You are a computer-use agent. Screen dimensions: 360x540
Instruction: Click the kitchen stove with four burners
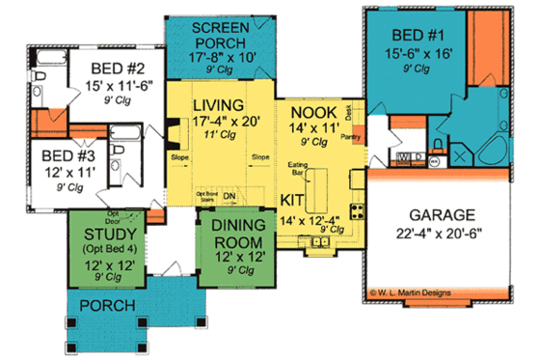[356, 211]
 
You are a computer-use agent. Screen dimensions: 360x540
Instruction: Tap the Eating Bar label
[297, 171]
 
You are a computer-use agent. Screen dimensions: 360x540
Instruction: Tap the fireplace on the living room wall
[171, 129]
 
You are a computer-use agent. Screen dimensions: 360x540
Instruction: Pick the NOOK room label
[314, 112]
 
